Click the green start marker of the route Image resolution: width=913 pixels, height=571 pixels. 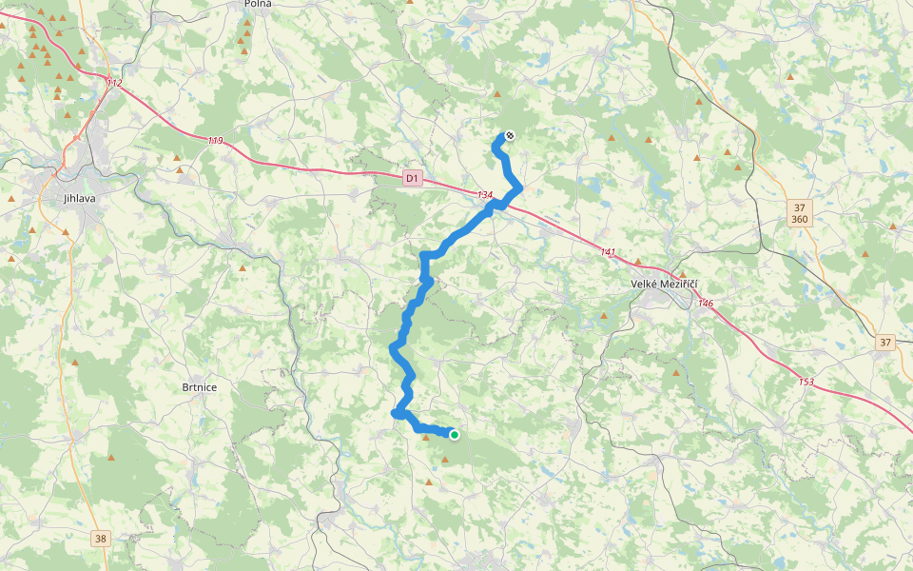coord(455,435)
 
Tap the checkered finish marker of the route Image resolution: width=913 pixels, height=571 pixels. coord(510,136)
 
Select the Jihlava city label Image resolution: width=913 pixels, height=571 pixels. coord(80,198)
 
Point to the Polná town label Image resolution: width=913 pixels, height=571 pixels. coord(258,4)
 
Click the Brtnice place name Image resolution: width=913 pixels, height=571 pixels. coord(200,387)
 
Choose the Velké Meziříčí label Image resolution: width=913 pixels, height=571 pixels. coord(665,284)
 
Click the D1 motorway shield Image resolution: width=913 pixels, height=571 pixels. coord(412,178)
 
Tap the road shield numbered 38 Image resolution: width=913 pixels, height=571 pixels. coord(101,539)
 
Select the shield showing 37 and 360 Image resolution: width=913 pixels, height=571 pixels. coord(799,213)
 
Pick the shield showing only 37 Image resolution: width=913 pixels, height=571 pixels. coord(885,342)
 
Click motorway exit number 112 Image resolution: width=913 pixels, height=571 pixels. coord(114,84)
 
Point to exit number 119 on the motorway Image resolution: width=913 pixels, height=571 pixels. coord(215,141)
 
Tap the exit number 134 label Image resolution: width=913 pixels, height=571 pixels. coord(485,195)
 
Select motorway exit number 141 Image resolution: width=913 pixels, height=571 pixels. coord(608,252)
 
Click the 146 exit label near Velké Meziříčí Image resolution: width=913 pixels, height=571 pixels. coord(705,303)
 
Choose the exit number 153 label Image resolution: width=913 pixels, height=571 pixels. coord(806,382)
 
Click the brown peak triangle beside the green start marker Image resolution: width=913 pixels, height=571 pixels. coord(426,438)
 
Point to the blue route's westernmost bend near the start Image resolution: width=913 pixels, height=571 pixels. coord(395,413)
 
